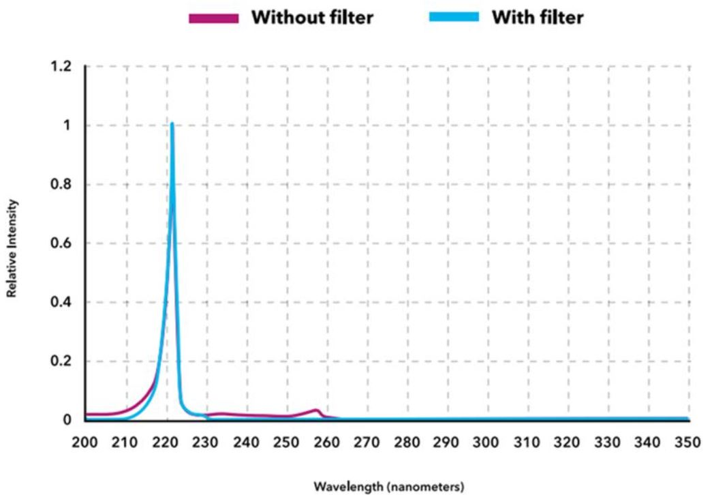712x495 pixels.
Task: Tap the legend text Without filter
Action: pyautogui.click(x=313, y=18)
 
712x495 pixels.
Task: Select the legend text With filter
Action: pyautogui.click(x=538, y=18)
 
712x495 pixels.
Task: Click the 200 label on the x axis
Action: pyautogui.click(x=85, y=443)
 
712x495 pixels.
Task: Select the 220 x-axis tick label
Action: pyautogui.click(x=166, y=443)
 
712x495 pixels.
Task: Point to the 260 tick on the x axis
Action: pyautogui.click(x=326, y=443)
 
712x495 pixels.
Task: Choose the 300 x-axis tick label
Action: pyautogui.click(x=486, y=443)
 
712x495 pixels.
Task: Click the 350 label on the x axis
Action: pyautogui.click(x=687, y=443)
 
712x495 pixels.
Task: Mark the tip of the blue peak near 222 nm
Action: pyautogui.click(x=172, y=124)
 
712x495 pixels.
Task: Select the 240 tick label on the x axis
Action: pyautogui.click(x=246, y=443)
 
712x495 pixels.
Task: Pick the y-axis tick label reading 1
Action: pyautogui.click(x=68, y=126)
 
